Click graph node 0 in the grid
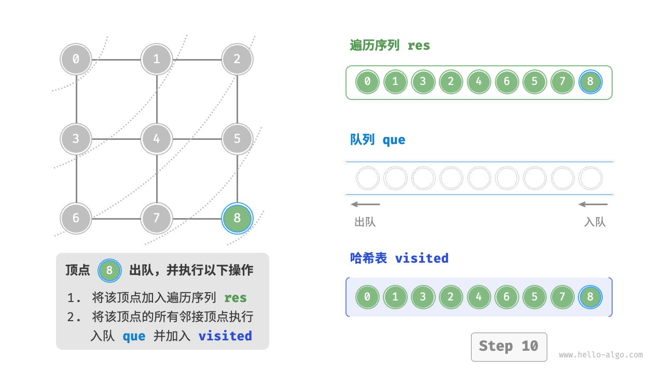(x=76, y=59)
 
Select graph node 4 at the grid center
(x=157, y=139)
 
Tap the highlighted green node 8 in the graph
(x=237, y=218)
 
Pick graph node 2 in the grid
(x=237, y=59)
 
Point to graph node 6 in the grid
(x=76, y=218)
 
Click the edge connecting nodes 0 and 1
(x=116, y=59)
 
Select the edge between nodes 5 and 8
(x=237, y=178)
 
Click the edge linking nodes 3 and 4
(x=116, y=139)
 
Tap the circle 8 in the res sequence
(x=590, y=82)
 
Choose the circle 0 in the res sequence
(x=368, y=82)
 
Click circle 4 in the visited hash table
(x=479, y=297)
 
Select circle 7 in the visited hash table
(x=562, y=297)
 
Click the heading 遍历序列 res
(x=390, y=46)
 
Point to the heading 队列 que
(x=378, y=140)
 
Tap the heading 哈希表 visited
(x=399, y=258)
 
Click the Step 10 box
(x=508, y=347)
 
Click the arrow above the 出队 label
(x=365, y=204)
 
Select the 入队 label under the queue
(x=594, y=222)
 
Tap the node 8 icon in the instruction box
(x=109, y=270)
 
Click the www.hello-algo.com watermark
(x=601, y=355)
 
